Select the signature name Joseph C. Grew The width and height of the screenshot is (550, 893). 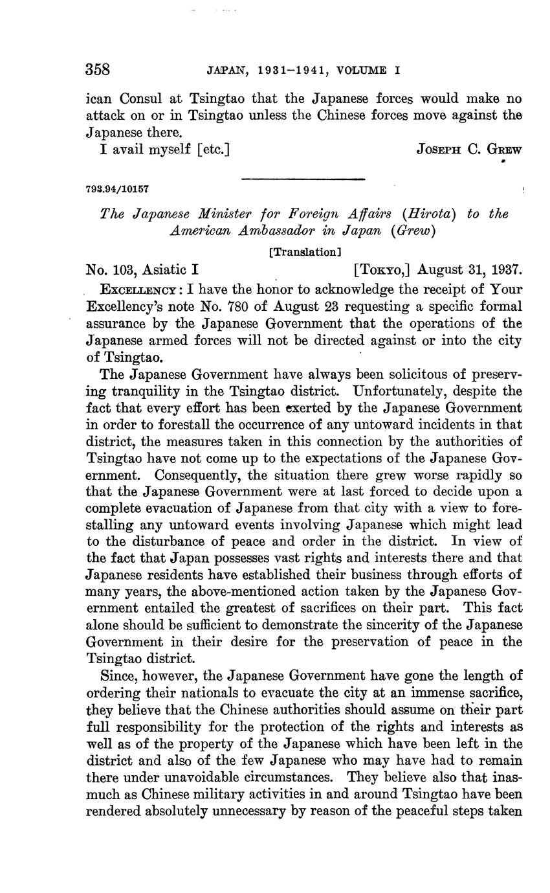[x=470, y=150]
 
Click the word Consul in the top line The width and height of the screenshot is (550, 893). [x=152, y=99]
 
